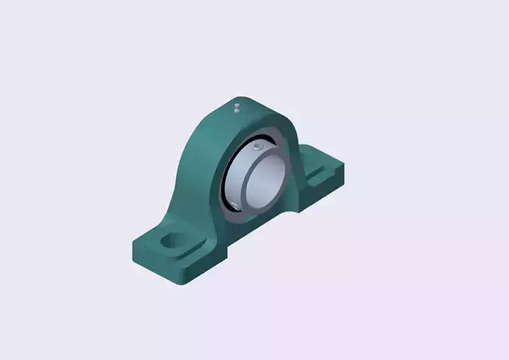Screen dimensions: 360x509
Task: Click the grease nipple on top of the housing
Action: [236, 107]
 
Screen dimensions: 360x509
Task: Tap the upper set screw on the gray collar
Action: [258, 145]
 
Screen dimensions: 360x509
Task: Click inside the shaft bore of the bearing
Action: [267, 181]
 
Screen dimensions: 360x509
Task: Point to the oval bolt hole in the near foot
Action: [173, 243]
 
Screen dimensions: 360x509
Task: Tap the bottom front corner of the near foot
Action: [187, 283]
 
